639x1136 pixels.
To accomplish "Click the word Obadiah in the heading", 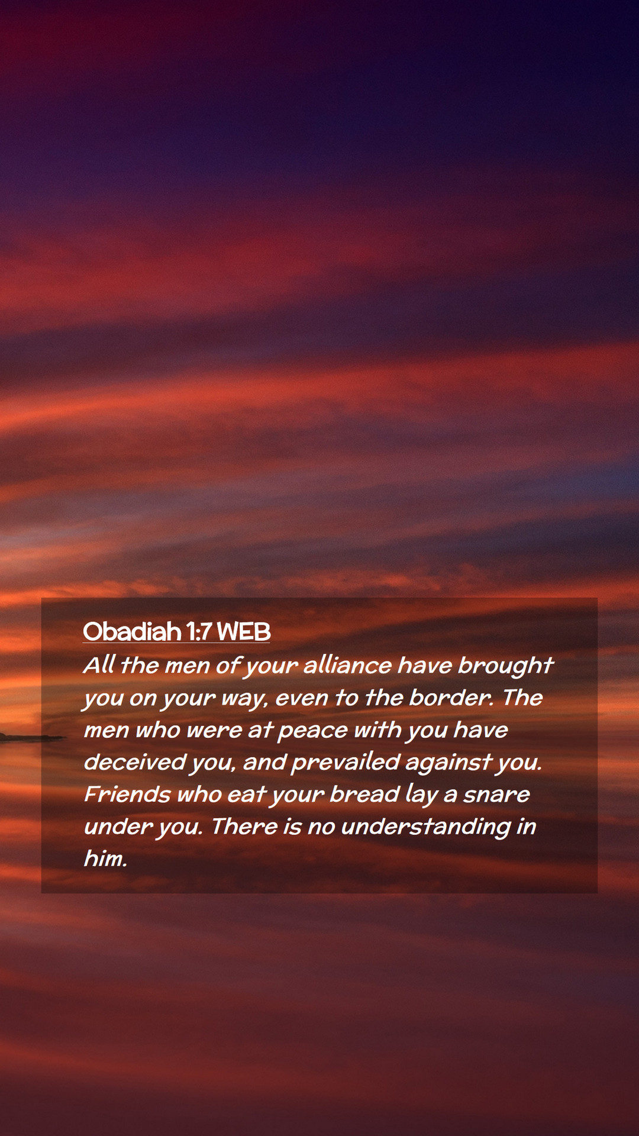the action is click(x=132, y=632).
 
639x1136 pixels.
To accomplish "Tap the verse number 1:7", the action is click(x=199, y=632).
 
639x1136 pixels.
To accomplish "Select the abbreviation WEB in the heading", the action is click(x=244, y=632).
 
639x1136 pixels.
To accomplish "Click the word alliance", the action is click(x=347, y=666).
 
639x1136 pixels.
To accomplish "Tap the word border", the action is click(x=451, y=698).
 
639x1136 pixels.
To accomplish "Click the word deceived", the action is click(x=135, y=762).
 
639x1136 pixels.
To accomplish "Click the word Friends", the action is click(x=127, y=794).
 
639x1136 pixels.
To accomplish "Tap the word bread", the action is click(x=364, y=794).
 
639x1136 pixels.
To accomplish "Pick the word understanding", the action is click(x=426, y=827).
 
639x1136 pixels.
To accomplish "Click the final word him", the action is click(x=105, y=858).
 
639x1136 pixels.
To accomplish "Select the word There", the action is click(x=244, y=826).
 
